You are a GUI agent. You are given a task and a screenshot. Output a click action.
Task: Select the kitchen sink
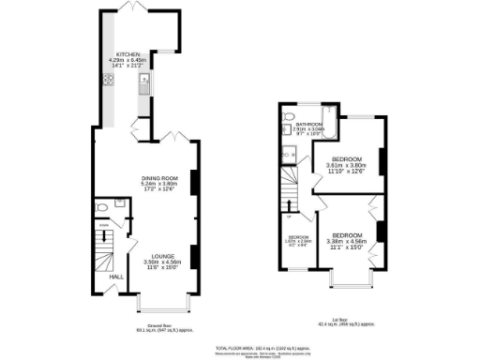(x=143, y=88)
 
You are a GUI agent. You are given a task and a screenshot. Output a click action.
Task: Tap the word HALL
(x=116, y=277)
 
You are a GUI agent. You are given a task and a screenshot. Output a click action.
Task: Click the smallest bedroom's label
(x=297, y=237)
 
